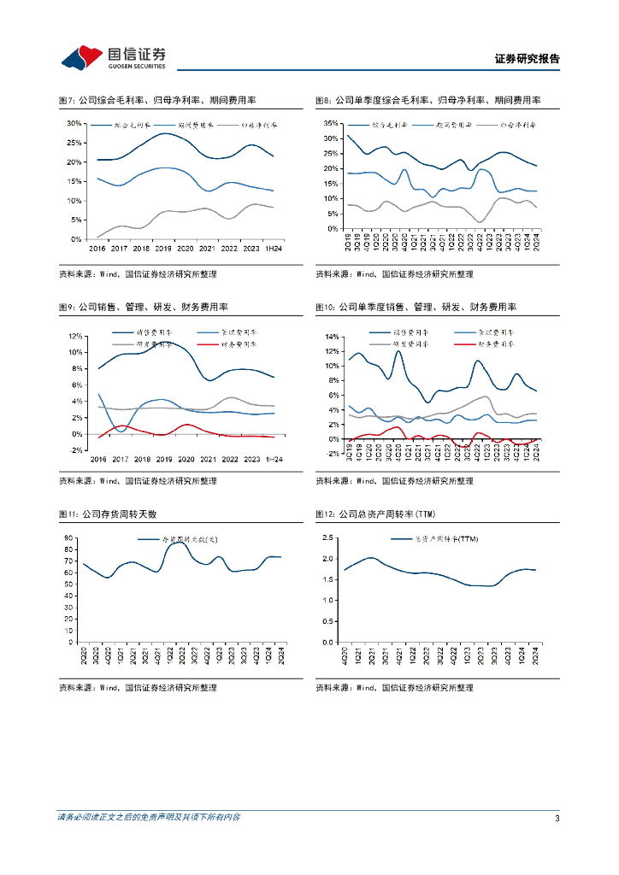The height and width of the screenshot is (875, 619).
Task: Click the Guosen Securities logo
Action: click(113, 57)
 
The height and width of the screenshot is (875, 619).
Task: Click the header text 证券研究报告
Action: click(527, 59)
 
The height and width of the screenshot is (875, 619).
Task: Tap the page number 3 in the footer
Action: click(557, 818)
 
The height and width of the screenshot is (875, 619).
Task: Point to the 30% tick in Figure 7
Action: click(74, 123)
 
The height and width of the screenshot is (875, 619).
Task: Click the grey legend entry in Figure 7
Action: click(249, 126)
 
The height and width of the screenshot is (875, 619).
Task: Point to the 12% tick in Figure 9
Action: click(74, 335)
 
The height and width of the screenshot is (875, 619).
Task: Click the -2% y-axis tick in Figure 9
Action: click(74, 449)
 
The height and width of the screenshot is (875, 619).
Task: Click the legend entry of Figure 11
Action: click(182, 539)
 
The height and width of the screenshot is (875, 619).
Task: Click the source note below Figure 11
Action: click(137, 687)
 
